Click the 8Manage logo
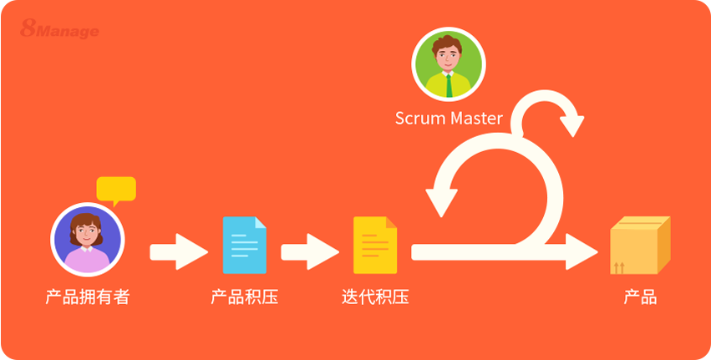59,30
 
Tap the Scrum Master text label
449,119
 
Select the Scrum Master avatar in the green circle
449,64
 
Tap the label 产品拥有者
88,297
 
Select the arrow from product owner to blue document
178,251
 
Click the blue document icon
244,245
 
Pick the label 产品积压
244,297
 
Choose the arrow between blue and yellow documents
309,251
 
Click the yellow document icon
375,245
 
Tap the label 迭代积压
375,297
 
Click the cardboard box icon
640,245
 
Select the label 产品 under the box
640,297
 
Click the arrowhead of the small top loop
572,124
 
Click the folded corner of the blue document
260,223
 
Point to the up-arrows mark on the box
619,267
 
